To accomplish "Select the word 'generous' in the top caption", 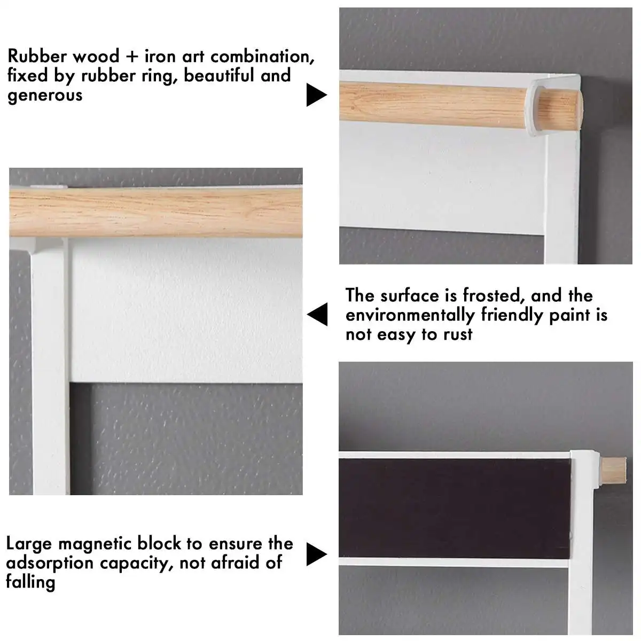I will coord(45,96).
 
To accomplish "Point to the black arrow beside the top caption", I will coord(316,96).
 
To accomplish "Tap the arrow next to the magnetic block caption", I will coord(316,554).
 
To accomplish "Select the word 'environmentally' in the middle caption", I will coord(410,315).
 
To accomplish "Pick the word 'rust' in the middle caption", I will coord(458,335).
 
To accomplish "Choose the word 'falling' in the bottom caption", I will coord(30,582).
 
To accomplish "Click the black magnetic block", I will coord(454,507).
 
